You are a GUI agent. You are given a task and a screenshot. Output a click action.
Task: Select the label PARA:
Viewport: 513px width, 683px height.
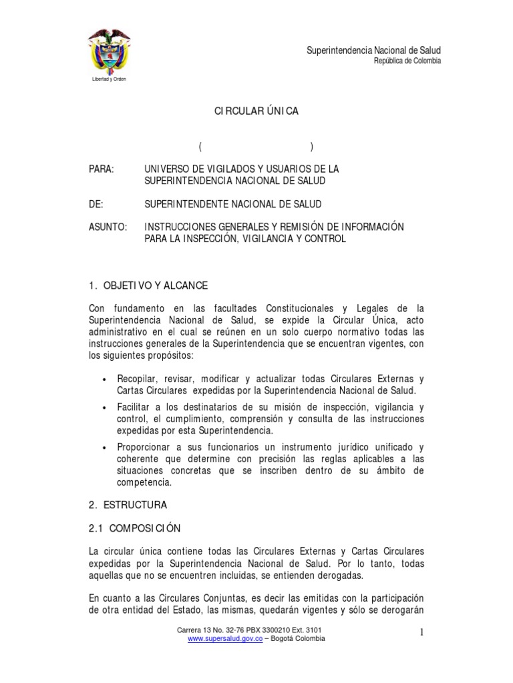point(102,169)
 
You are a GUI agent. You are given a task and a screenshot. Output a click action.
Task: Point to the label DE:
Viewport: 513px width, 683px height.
point(96,203)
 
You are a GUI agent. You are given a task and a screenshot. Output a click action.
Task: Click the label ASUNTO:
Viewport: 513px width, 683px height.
point(108,227)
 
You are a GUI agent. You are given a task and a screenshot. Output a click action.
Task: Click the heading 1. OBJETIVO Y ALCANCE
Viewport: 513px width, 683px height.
point(148,285)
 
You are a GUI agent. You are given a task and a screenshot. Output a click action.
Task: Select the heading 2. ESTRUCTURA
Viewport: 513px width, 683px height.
point(128,504)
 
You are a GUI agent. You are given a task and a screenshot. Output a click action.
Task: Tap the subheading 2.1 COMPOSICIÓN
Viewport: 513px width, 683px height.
point(134,528)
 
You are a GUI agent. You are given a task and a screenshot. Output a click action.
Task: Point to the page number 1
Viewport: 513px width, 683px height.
point(423,632)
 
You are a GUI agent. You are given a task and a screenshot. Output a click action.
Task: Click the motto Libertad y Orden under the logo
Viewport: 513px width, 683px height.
point(109,79)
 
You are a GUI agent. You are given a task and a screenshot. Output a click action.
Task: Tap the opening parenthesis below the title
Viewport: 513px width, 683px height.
point(200,147)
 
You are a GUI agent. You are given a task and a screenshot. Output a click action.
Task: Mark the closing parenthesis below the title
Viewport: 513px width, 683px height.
point(312,147)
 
